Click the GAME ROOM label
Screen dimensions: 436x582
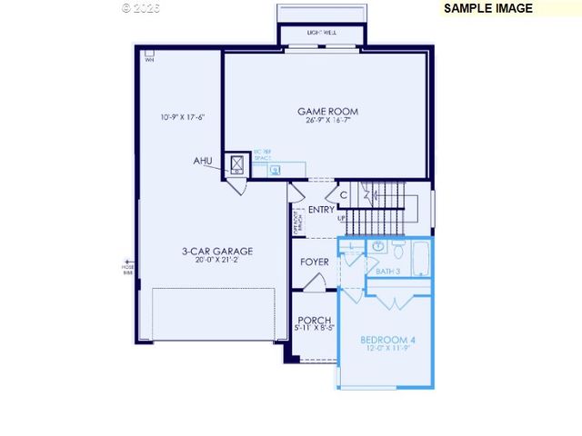click(x=327, y=112)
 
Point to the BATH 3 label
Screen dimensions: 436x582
click(x=389, y=271)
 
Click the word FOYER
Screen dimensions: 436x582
click(x=315, y=263)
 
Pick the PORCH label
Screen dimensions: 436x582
click(x=315, y=320)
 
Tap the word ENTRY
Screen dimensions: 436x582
click(x=321, y=210)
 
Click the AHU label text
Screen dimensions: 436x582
click(x=203, y=161)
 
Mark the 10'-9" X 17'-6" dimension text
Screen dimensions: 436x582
click(x=183, y=117)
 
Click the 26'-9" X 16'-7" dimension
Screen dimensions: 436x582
click(x=327, y=121)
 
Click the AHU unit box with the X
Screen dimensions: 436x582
click(x=237, y=163)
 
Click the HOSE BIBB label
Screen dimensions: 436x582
click(x=127, y=269)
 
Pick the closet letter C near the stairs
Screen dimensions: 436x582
click(x=344, y=194)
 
